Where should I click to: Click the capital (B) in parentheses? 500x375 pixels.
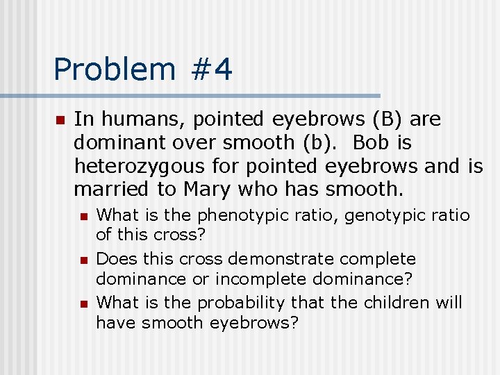click(383, 119)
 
